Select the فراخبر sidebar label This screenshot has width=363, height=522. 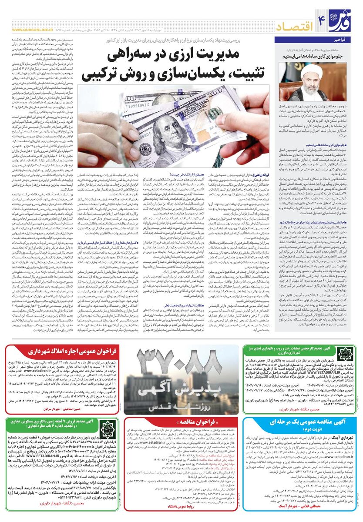click(340, 40)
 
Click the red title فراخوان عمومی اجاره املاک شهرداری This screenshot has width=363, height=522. click(66, 352)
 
